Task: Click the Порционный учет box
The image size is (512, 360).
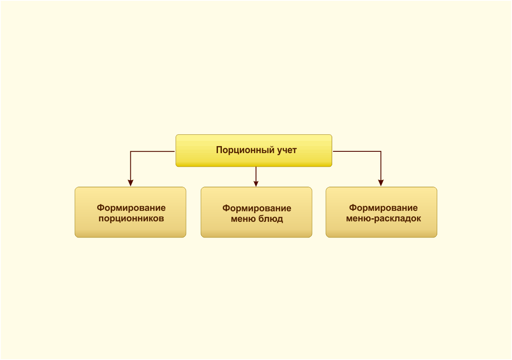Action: pos(254,150)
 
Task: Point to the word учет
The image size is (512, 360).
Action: pos(287,150)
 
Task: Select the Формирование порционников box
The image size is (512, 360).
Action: pos(130,212)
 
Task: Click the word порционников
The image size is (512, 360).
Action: pos(131,218)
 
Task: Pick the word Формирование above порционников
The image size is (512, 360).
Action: pos(131,208)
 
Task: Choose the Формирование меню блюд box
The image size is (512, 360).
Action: pos(256,212)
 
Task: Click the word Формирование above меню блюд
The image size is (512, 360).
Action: pos(256,208)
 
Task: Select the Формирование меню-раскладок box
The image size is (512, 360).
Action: pos(382,212)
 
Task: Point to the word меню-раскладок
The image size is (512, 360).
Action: pos(384,218)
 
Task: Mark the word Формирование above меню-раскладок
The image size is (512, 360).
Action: pos(383,208)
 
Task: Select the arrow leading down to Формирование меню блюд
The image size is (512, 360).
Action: pos(256,177)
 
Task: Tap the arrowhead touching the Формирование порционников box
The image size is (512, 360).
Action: pos(130,183)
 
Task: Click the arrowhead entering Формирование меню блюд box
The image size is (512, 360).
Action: pos(256,184)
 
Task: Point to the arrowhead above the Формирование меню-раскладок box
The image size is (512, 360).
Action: pos(381,183)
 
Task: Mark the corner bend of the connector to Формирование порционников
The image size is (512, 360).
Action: pos(130,151)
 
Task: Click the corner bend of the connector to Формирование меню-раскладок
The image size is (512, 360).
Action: pos(381,151)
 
